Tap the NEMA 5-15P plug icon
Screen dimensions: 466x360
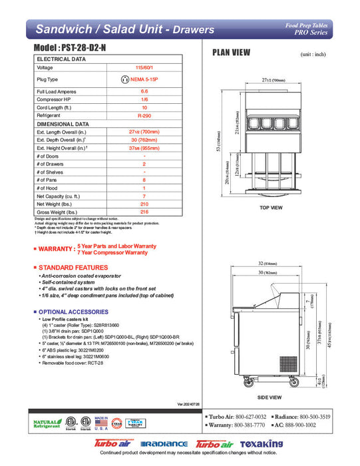pos(125,79)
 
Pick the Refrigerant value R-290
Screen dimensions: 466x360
pos(144,115)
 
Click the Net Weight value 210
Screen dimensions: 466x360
pos(144,204)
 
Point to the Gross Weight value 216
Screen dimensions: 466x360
pos(144,212)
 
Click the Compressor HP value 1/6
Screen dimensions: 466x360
pos(144,99)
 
